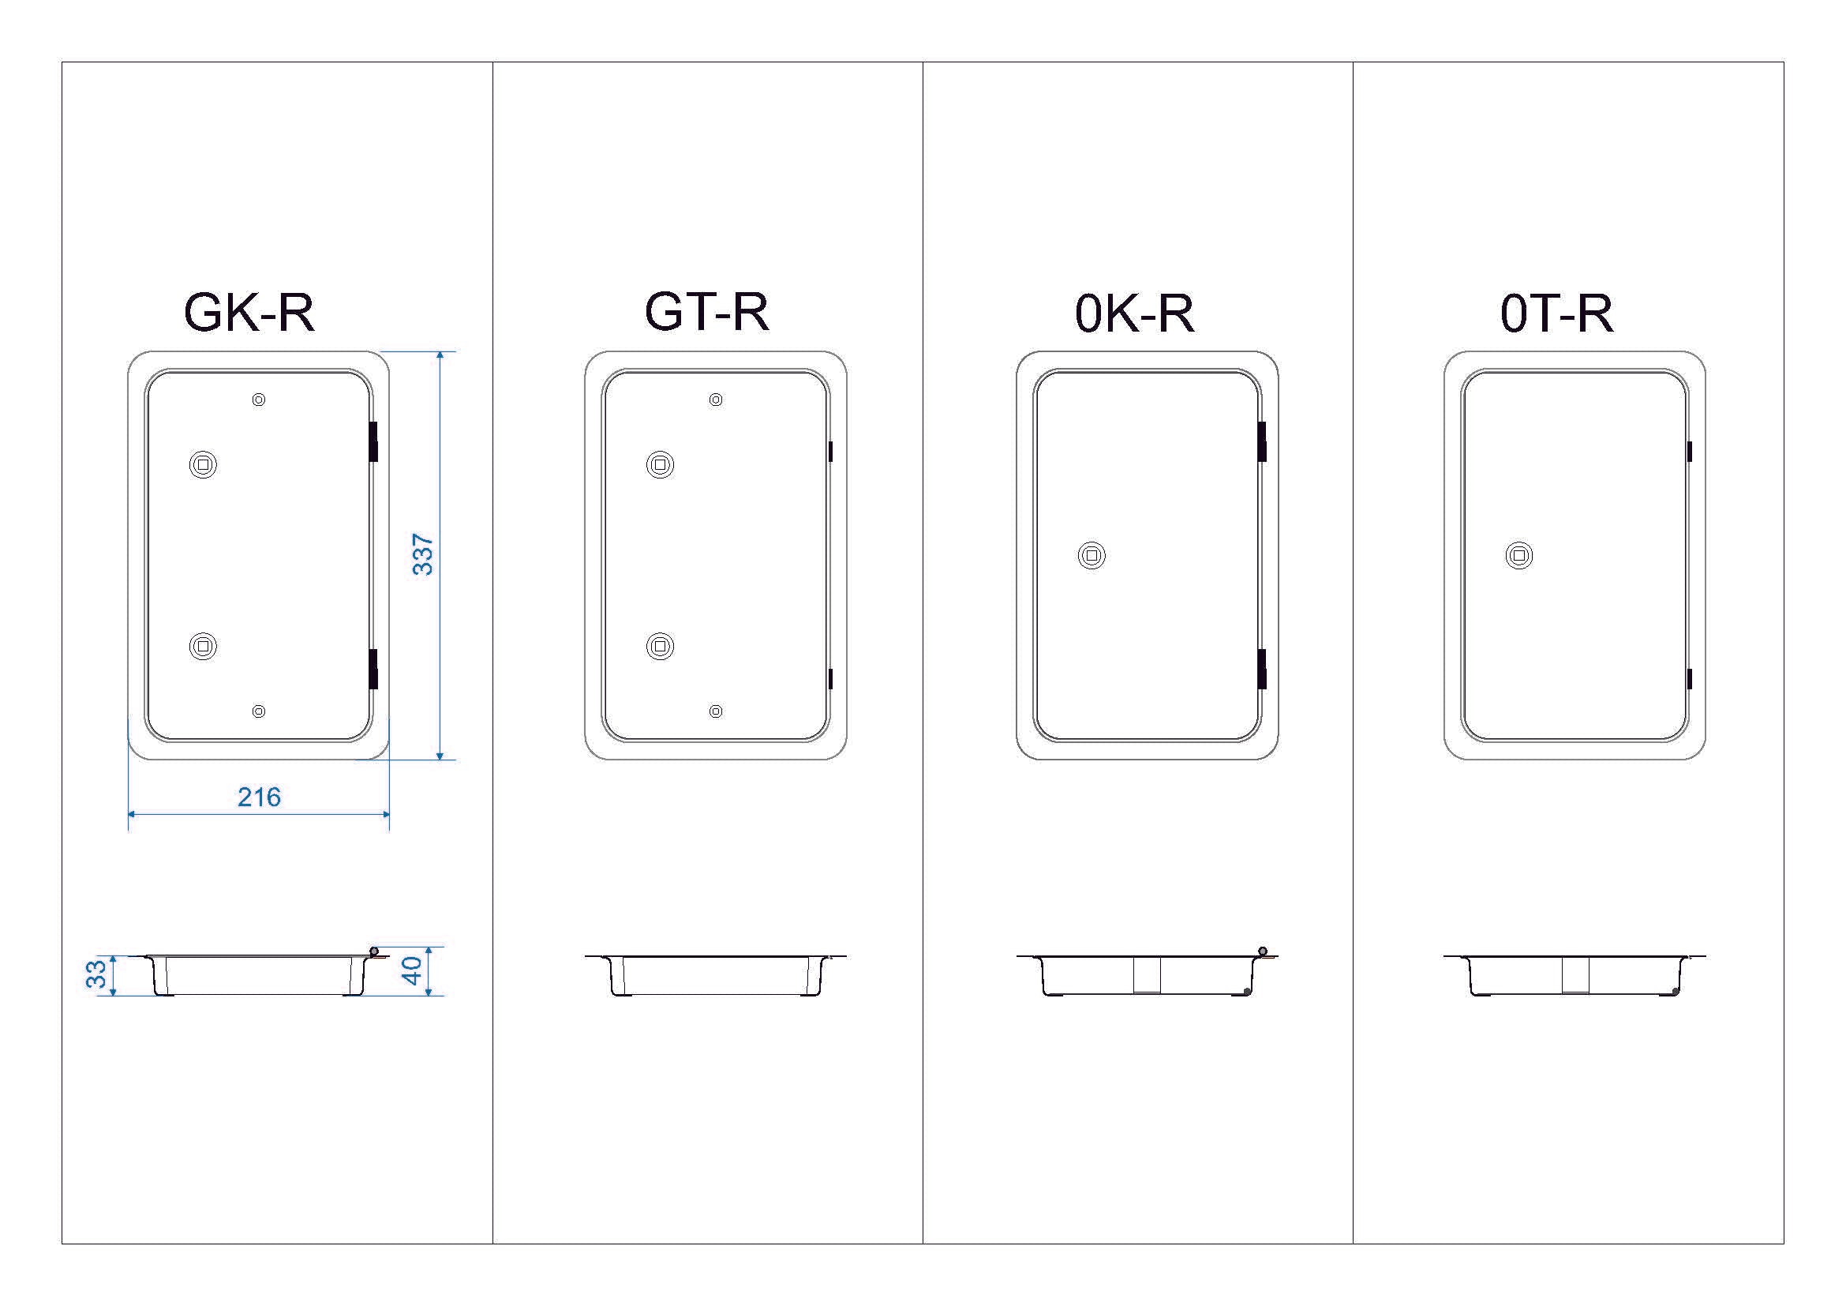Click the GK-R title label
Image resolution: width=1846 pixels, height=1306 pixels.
[249, 312]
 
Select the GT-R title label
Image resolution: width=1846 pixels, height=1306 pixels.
[706, 312]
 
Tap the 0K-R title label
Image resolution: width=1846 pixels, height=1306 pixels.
[1134, 313]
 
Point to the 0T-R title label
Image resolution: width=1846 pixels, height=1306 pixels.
[1556, 313]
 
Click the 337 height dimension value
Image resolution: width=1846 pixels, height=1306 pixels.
[423, 555]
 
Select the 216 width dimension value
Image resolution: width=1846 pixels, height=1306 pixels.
[259, 797]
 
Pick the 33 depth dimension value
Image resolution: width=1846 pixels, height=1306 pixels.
[96, 974]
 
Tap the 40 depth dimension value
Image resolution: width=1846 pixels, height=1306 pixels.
[412, 970]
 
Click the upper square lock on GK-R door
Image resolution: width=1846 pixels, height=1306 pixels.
[203, 465]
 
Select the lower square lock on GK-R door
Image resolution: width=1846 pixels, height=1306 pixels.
[203, 646]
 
